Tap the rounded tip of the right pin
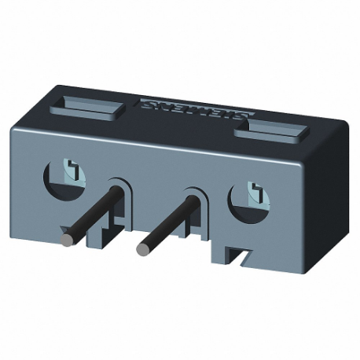(143, 249)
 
